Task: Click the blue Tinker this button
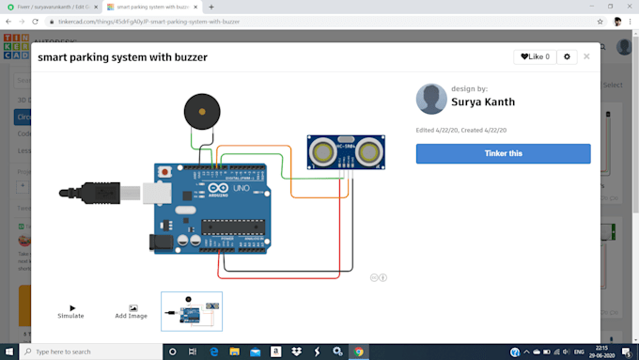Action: pyautogui.click(x=503, y=153)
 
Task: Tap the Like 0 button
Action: pyautogui.click(x=536, y=57)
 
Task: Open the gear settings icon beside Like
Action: pyautogui.click(x=567, y=57)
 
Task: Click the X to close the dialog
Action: pyautogui.click(x=587, y=56)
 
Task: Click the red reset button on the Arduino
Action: pyautogui.click(x=164, y=171)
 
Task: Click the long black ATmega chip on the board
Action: pyautogui.click(x=231, y=224)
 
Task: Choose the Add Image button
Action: pyautogui.click(x=132, y=311)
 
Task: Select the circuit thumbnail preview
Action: pyautogui.click(x=192, y=311)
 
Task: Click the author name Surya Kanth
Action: pyautogui.click(x=483, y=102)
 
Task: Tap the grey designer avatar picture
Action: pyautogui.click(x=432, y=99)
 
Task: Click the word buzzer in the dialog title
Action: pyautogui.click(x=188, y=57)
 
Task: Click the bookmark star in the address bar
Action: pyautogui.click(x=600, y=21)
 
